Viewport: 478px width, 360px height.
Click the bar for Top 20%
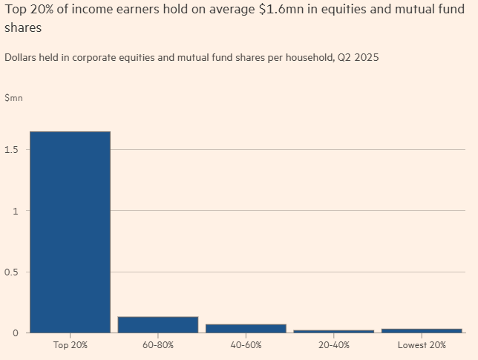70,232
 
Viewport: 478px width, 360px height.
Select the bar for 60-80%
158,325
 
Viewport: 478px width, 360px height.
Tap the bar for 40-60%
246,328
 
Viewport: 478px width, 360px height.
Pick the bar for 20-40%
333,331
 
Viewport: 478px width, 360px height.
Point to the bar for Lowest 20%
422,330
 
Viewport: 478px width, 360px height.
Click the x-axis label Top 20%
70,345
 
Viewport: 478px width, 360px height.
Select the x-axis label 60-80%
158,345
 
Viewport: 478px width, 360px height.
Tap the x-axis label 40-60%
246,345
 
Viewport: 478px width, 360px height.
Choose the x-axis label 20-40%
333,345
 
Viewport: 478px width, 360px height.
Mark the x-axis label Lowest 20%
422,345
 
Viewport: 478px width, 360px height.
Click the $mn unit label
13,98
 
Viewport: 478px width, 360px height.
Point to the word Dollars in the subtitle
22,57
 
